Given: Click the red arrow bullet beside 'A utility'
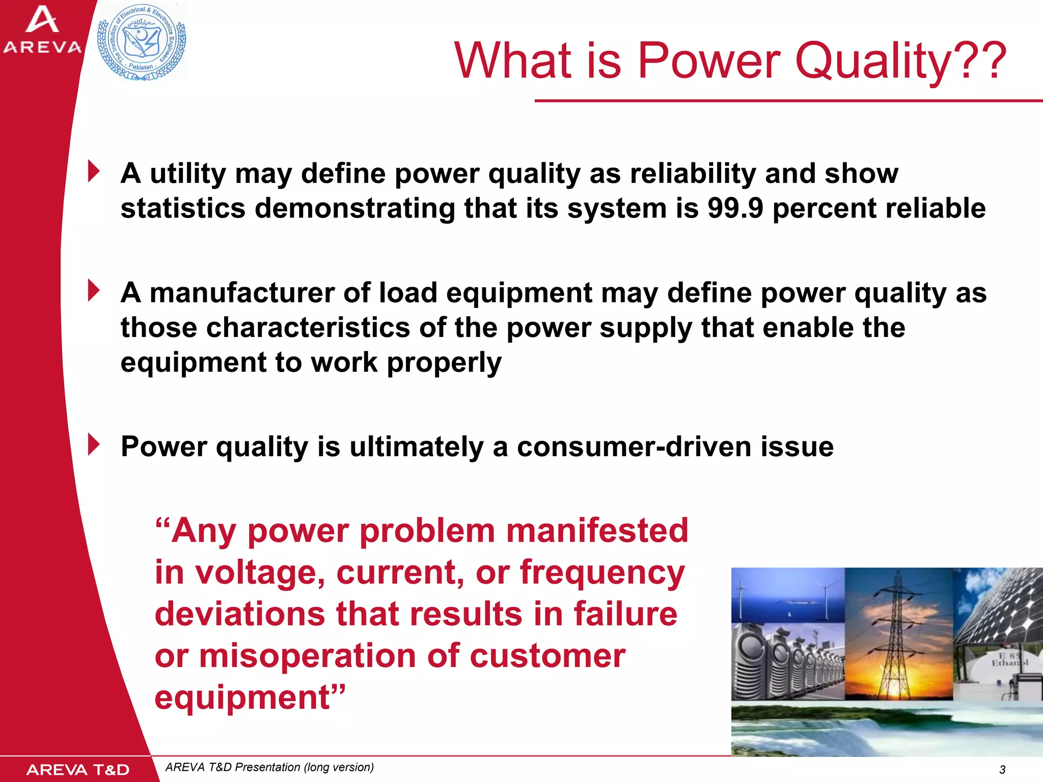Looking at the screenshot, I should (94, 171).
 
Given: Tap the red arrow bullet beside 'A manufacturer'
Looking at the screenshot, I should (94, 291).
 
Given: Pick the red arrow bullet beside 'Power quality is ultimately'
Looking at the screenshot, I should (94, 444).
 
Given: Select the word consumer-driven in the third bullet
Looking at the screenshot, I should (634, 447).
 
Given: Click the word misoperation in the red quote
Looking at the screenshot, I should (307, 656).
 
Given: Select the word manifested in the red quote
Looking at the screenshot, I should (597, 531).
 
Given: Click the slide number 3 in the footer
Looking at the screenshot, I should (1002, 769).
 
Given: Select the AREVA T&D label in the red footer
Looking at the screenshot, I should (77, 770).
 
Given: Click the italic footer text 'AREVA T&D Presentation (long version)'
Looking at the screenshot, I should (269, 767).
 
